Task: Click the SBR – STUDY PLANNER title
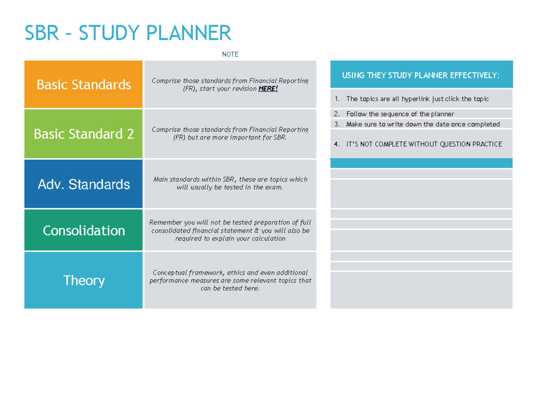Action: click(x=128, y=33)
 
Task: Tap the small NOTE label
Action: click(x=230, y=55)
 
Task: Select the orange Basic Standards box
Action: click(x=84, y=85)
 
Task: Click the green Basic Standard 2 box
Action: click(x=84, y=134)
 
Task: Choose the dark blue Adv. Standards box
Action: click(x=84, y=184)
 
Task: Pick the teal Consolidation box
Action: click(x=84, y=231)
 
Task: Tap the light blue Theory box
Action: click(x=84, y=281)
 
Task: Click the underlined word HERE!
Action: click(x=268, y=89)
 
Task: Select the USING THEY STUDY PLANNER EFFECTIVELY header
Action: click(x=421, y=75)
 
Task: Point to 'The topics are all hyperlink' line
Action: click(x=418, y=99)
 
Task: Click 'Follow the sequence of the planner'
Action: click(x=400, y=114)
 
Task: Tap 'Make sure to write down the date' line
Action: click(x=423, y=124)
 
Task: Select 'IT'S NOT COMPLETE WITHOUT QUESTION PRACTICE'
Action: click(x=424, y=144)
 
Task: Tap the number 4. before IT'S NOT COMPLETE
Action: click(x=337, y=144)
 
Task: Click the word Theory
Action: click(x=84, y=281)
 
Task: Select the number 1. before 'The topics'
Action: click(x=337, y=99)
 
